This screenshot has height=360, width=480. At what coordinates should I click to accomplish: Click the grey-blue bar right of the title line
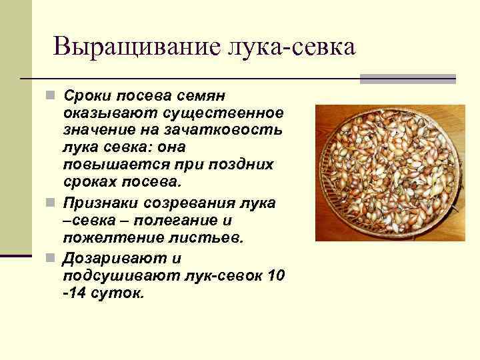pos(407,79)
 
